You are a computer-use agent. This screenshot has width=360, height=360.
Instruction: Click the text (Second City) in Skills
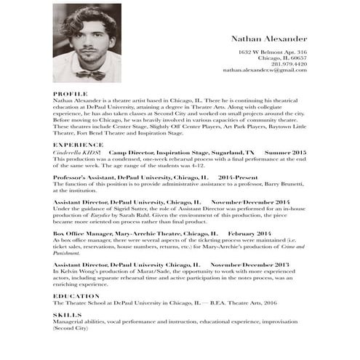(71, 329)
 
